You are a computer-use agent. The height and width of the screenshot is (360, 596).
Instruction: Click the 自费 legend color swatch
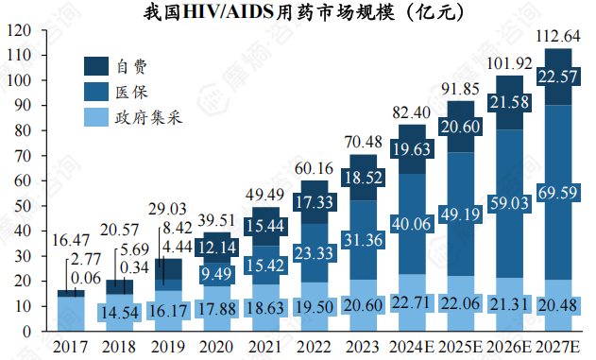point(96,66)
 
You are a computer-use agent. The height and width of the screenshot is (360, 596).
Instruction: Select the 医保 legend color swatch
point(96,92)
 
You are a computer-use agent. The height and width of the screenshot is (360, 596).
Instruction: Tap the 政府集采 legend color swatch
point(96,118)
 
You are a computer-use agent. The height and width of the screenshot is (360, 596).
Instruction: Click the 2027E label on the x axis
point(559,347)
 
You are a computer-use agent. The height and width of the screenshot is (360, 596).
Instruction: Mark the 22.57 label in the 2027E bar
point(559,77)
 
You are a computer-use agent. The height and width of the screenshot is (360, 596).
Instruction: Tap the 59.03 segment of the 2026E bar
point(510,202)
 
